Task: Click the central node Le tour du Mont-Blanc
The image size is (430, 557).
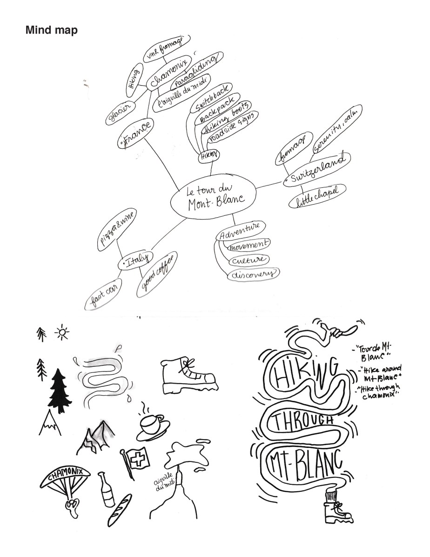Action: (x=213, y=199)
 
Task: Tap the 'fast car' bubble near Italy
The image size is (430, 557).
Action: (x=104, y=294)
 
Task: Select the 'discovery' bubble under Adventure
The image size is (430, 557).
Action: (x=252, y=275)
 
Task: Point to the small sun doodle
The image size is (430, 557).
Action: (x=61, y=333)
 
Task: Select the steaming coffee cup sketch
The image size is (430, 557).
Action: (x=152, y=423)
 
